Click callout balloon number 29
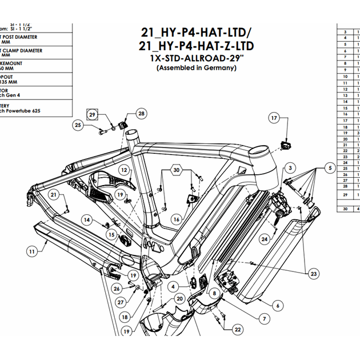click(94, 114)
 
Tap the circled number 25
click(79, 125)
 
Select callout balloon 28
click(141, 114)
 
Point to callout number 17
click(274, 118)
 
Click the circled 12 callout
click(124, 170)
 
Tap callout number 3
click(291, 168)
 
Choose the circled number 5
click(330, 168)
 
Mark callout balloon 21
click(54, 195)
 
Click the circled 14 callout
click(86, 219)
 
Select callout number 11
click(32, 250)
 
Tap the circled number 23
click(314, 274)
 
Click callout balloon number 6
click(278, 305)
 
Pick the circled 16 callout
click(177, 219)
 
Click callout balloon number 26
click(117, 288)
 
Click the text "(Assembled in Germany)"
click(196, 67)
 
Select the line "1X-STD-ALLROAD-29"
click(196, 58)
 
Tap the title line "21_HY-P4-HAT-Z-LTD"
click(196, 45)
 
